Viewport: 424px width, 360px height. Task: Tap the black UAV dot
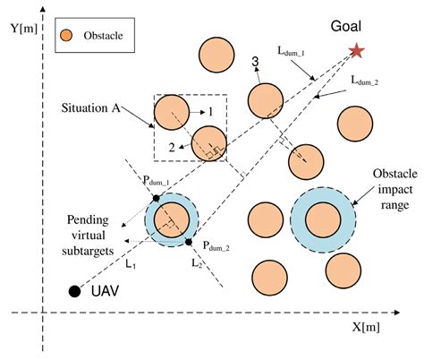coord(75,291)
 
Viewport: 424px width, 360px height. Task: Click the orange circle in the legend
coord(65,37)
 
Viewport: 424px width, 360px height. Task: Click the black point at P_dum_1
coord(156,197)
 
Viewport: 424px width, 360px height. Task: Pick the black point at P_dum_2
coord(190,242)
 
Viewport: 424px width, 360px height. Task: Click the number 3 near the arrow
coord(255,61)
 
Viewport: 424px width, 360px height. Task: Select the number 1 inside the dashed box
coord(209,113)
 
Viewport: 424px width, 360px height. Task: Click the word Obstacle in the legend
coord(102,37)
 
